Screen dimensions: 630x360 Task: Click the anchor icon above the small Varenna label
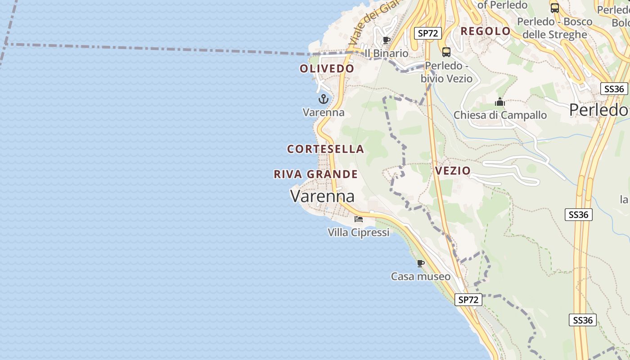tap(324, 99)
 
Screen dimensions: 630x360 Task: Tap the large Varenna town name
tap(322, 196)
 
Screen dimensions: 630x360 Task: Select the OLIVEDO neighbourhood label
tap(327, 69)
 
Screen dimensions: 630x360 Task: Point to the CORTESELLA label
tap(325, 149)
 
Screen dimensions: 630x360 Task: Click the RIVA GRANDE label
tap(316, 175)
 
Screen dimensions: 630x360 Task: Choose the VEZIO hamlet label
tap(453, 171)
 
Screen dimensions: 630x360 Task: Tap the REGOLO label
tap(486, 31)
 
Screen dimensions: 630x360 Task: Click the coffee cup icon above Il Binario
tap(386, 40)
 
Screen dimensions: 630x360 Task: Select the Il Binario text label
tap(387, 54)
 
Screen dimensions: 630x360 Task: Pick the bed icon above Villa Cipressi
tap(359, 219)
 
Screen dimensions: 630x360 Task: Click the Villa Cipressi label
tap(359, 233)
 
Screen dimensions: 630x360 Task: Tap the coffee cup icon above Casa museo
tap(421, 263)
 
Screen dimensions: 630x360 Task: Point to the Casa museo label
tap(421, 276)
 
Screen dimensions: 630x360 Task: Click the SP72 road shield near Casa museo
tap(468, 300)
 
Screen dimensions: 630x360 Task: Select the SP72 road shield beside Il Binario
tap(428, 33)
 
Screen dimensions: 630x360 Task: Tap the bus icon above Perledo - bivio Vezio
tap(446, 52)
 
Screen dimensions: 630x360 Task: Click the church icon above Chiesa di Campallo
tap(500, 102)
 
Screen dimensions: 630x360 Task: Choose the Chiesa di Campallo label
tap(500, 115)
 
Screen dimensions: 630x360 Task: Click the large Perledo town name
tap(598, 110)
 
